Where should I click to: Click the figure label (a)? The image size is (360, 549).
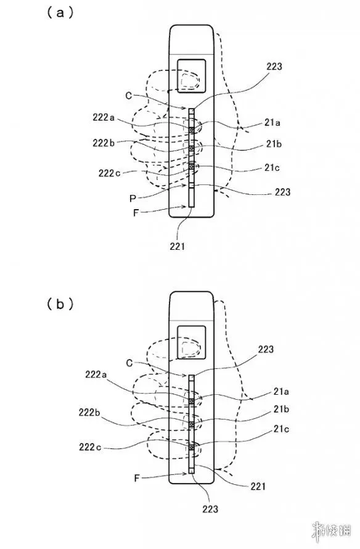pos(60,14)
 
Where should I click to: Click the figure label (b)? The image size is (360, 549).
pos(60,304)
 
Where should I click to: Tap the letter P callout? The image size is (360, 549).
pos(133,199)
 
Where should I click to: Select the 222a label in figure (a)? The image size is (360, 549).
pos(104,117)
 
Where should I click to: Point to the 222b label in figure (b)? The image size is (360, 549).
pos(89,413)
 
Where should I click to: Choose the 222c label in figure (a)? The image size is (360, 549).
pos(109,173)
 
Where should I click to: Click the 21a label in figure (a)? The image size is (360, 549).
pos(272,123)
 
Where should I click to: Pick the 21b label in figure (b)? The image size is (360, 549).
pos(281,409)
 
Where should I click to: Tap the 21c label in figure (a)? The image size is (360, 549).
pos(272,167)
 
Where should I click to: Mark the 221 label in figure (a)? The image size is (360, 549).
pos(177,247)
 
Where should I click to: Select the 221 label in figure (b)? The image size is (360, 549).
pos(258,486)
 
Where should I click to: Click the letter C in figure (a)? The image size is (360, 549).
pos(129,96)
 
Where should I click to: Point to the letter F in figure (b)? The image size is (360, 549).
pos(137,478)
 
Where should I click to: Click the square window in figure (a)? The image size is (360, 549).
pos(191,76)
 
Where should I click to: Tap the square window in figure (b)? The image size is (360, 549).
pos(191,342)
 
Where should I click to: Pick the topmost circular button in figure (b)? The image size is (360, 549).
pos(191,401)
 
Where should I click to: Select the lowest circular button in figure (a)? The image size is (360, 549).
pos(191,167)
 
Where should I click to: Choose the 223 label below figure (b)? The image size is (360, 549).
pos(210,509)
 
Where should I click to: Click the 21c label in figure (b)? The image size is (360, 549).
pos(281,429)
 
